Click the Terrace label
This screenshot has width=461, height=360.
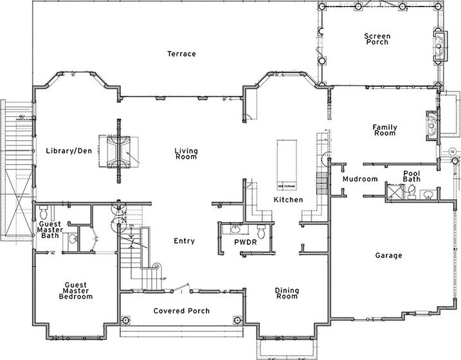pos(181,53)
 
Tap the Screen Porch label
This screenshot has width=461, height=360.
pos(377,40)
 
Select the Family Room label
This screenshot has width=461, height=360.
pos(384,130)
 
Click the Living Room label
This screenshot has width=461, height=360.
pos(186,154)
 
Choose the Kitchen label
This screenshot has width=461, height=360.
pos(287,201)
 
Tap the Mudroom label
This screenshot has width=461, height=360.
pos(359,179)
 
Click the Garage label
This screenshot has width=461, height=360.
pos(388,255)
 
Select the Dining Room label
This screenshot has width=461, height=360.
pos(287,293)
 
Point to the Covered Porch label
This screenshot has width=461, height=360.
pos(182,311)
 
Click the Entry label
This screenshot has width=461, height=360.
pos(185,241)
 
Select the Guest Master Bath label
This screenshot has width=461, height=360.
pos(50,230)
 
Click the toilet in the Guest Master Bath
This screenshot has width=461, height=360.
pos(44,212)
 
